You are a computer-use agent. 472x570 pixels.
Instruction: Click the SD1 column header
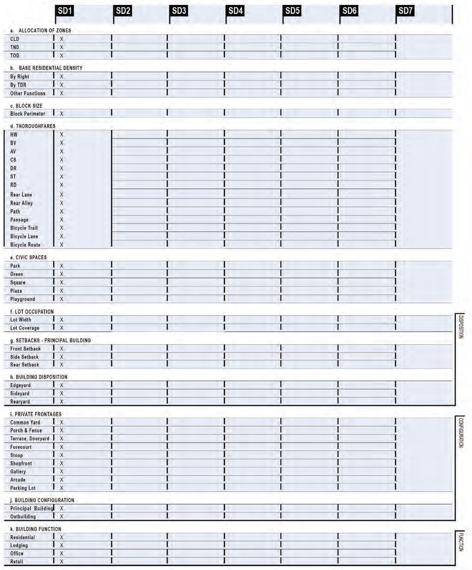click(x=65, y=11)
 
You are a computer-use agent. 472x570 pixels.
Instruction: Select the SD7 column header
click(x=405, y=11)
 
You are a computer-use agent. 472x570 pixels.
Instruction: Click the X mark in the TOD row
click(x=62, y=56)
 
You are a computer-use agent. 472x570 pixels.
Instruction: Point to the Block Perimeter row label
click(x=28, y=114)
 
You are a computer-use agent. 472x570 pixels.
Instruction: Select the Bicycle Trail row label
click(x=24, y=228)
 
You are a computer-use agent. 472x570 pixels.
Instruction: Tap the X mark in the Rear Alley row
click(x=62, y=203)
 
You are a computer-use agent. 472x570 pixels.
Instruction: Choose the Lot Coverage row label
click(x=25, y=328)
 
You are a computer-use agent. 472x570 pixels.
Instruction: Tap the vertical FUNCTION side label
click(x=461, y=542)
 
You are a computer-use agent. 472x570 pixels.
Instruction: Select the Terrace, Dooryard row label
click(x=30, y=439)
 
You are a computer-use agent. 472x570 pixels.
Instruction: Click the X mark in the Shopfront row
click(x=62, y=463)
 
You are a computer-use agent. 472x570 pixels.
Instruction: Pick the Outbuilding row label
click(x=23, y=517)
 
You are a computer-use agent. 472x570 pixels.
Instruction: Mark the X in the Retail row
click(x=62, y=562)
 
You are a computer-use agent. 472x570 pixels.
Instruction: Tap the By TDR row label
click(x=18, y=85)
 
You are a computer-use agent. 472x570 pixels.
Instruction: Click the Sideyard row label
click(x=20, y=394)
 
